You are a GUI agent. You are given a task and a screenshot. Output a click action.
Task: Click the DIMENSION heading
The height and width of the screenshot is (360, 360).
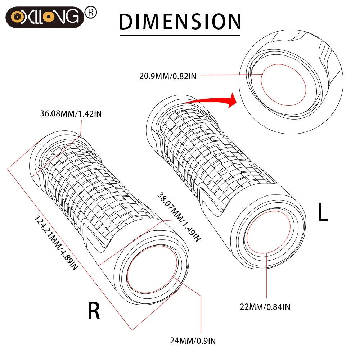pos(180,21)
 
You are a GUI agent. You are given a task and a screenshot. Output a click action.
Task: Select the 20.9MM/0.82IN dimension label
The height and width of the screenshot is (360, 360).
pos(168,76)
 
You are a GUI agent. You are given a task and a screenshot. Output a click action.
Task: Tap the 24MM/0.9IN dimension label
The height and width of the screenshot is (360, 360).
pos(193,340)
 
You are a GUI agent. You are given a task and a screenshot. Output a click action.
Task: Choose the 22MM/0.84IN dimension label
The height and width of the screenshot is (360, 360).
pos(265,307)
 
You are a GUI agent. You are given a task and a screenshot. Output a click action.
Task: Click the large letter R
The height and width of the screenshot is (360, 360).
pos(94,312)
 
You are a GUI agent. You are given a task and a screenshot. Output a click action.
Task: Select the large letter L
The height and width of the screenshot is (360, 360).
pos(323,213)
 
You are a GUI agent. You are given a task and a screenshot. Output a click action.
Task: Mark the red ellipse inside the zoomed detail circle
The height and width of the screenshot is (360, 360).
pos(283,85)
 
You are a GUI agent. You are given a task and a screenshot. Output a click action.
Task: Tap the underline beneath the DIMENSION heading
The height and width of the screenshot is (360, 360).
pos(180,35)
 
